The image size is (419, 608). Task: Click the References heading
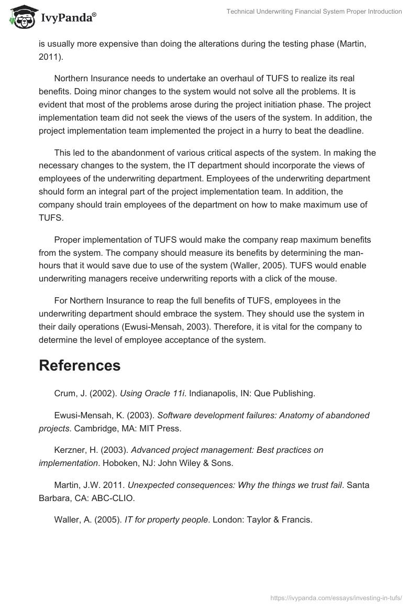pyautogui.click(x=80, y=365)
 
